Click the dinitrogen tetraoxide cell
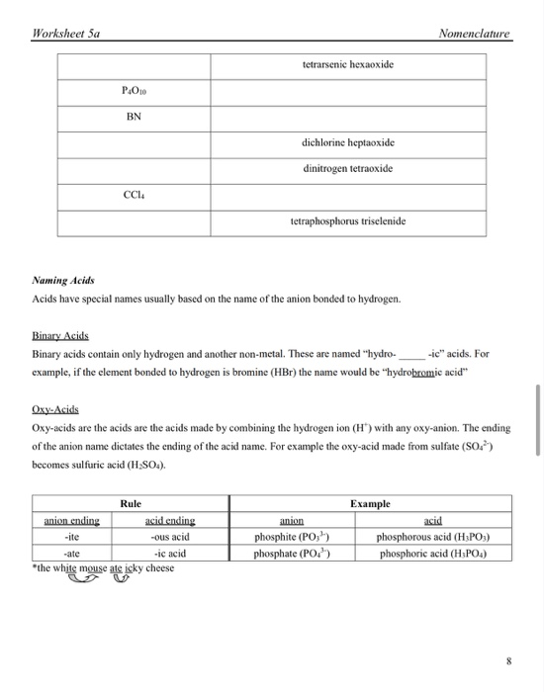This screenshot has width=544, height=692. [347, 169]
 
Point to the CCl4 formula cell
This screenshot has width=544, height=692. [134, 196]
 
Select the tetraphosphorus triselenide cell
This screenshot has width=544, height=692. [347, 221]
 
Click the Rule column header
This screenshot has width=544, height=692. [132, 503]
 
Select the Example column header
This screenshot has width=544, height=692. [370, 503]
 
